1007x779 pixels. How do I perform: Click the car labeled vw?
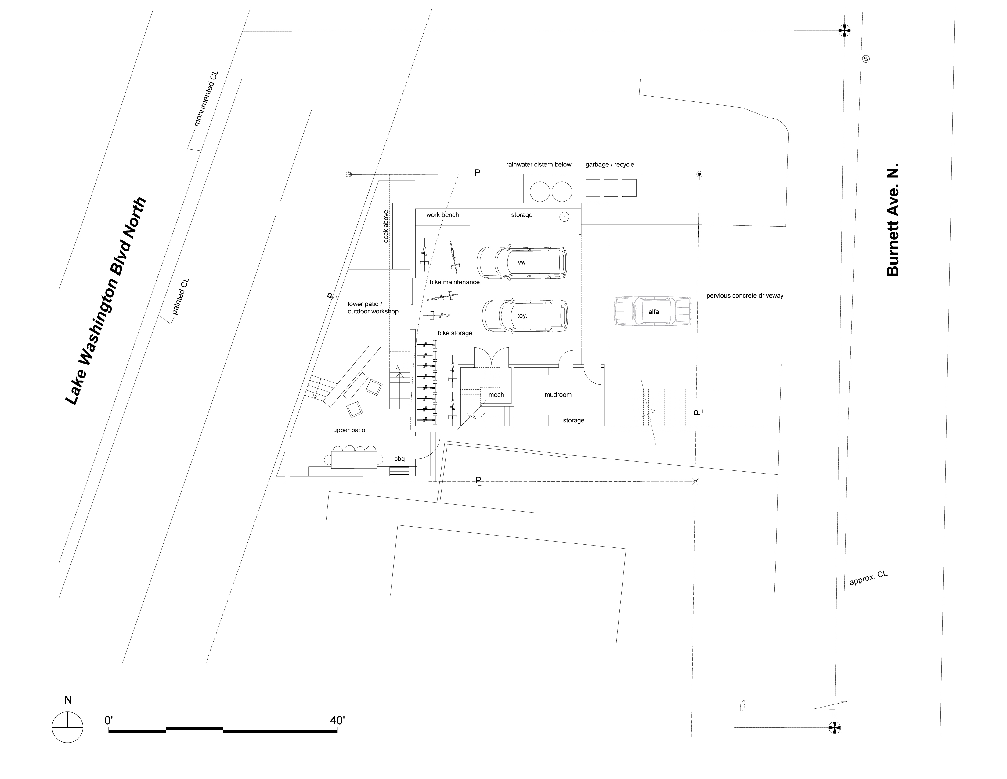522,262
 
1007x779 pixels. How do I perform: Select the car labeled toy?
525,316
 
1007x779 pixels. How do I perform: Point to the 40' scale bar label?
337,720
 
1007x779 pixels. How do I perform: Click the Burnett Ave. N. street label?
893,219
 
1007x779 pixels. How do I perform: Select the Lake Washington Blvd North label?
106,301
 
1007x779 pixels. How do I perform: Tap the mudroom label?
558,395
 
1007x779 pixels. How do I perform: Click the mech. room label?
497,395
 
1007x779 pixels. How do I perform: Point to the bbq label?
399,459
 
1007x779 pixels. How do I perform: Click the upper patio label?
349,430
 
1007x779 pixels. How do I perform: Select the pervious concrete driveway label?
745,295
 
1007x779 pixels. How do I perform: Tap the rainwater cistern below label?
539,164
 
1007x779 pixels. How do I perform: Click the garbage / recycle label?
610,164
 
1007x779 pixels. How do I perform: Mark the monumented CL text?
206,98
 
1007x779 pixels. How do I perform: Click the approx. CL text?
868,578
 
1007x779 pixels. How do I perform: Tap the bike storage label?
455,333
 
